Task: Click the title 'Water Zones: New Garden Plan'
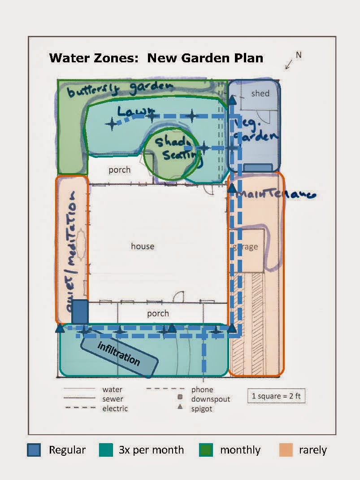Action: (156, 58)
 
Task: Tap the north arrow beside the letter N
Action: (289, 65)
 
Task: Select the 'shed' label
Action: (260, 93)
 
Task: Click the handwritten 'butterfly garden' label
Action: (119, 88)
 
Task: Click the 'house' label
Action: (143, 246)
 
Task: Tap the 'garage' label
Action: (245, 247)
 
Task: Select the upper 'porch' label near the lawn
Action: (120, 170)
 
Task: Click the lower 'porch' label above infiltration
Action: (158, 314)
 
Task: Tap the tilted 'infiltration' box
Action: (119, 354)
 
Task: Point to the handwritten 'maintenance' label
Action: (276, 194)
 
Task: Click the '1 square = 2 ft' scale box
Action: (276, 396)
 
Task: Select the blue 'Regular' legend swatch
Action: (34, 450)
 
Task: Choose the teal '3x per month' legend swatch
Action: (106, 450)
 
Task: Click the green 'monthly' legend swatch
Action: (206, 450)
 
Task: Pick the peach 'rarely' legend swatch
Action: (286, 450)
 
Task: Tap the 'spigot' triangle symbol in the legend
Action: (180, 406)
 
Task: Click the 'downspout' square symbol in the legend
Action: (180, 397)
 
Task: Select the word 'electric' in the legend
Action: (115, 408)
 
